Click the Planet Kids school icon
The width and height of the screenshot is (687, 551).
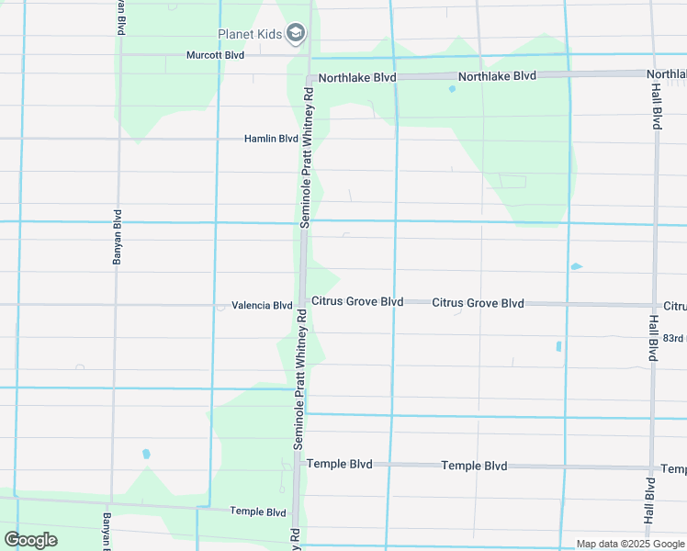[295, 34]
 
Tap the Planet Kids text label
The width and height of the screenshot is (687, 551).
[249, 35]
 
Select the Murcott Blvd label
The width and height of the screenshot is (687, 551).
[215, 55]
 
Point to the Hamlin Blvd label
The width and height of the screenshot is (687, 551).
[271, 139]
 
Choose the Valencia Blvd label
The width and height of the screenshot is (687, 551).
[262, 305]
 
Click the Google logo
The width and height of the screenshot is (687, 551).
[30, 539]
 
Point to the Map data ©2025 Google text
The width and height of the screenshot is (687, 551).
[629, 544]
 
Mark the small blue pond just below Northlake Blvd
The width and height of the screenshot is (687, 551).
[451, 89]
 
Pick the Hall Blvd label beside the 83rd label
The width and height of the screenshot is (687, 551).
[653, 338]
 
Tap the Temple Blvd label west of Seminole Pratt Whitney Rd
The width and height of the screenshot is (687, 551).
[258, 512]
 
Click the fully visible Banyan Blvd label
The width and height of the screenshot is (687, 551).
[118, 242]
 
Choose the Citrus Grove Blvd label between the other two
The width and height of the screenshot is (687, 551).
[478, 303]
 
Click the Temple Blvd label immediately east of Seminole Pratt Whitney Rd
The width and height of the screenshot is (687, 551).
[340, 465]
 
